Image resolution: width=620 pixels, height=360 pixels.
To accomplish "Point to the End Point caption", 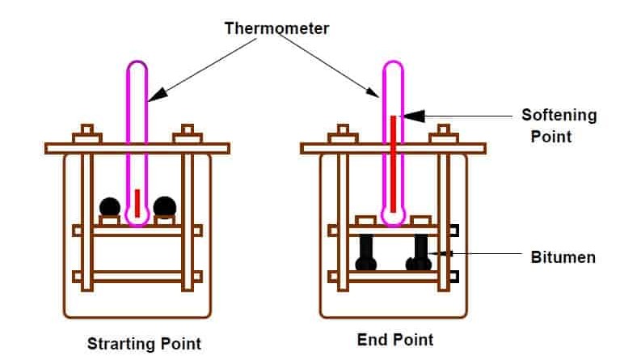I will tap(395, 339).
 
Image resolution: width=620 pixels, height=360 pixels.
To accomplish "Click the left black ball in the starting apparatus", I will tap(111, 207).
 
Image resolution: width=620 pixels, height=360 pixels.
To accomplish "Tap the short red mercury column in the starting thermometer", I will tap(137, 202).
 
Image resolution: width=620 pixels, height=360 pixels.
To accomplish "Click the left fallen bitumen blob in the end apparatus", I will tap(365, 254).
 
